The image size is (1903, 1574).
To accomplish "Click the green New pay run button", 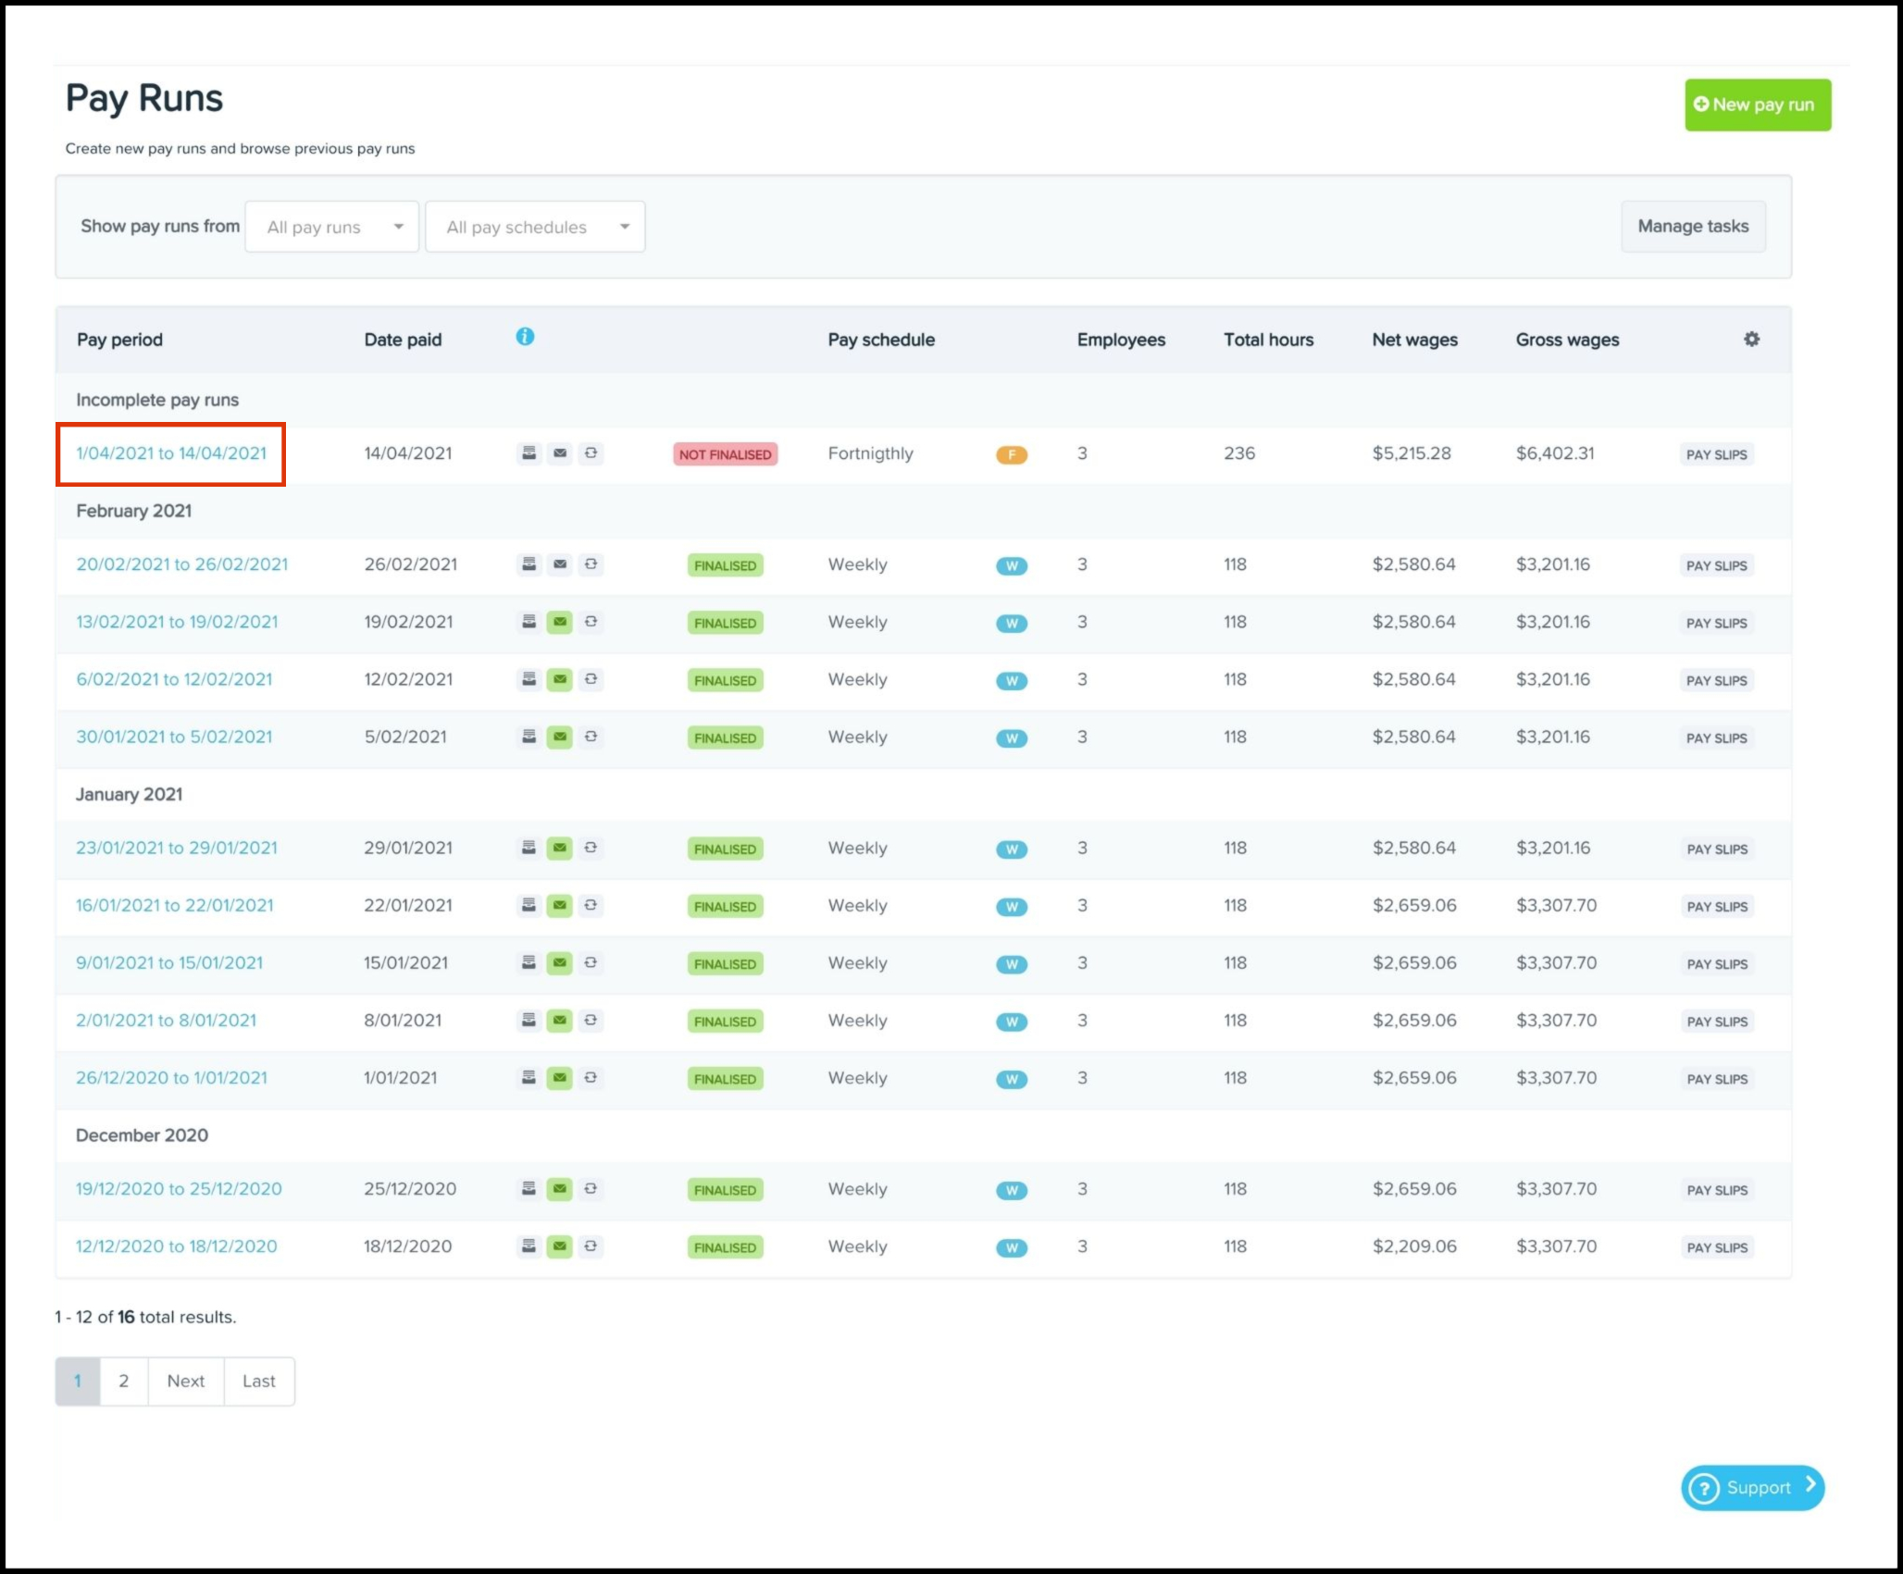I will tap(1757, 105).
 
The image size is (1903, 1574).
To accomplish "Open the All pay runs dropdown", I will tap(331, 227).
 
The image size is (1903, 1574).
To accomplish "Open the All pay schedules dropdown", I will tap(535, 227).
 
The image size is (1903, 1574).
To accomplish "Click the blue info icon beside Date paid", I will tap(525, 337).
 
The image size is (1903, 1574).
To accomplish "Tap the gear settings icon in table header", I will tap(1751, 340).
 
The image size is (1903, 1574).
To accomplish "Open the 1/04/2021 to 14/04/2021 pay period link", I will tap(171, 453).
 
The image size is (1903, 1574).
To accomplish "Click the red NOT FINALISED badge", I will tap(725, 454).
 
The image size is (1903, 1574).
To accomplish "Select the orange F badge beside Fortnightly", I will tap(1012, 454).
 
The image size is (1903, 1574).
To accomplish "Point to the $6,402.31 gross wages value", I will tap(1555, 453).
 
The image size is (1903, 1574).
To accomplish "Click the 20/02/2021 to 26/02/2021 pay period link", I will tap(182, 564).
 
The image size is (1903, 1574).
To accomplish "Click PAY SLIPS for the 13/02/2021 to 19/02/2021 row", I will tap(1716, 624).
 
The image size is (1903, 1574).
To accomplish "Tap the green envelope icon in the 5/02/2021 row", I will tap(560, 737).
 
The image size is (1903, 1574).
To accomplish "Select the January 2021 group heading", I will tap(130, 794).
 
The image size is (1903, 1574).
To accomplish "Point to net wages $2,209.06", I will tap(1414, 1246).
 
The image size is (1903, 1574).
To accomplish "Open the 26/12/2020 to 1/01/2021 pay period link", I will tap(171, 1078).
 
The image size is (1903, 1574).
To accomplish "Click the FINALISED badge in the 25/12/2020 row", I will tap(725, 1190).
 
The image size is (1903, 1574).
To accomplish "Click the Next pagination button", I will tap(186, 1382).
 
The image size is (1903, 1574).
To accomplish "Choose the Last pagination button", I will tap(259, 1382).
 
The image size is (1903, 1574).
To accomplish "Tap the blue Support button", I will tap(1752, 1488).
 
